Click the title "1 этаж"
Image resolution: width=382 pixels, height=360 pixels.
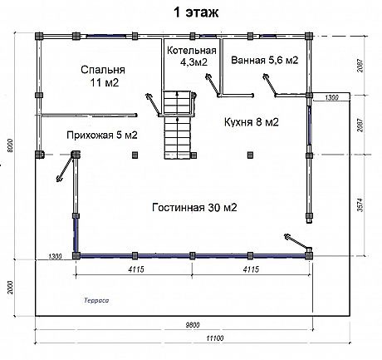pyautogui.click(x=196, y=12)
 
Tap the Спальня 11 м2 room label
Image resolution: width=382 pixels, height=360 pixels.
pyautogui.click(x=103, y=76)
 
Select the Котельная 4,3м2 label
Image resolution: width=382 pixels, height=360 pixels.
pyautogui.click(x=192, y=57)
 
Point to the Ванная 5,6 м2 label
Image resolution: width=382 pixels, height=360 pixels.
pyautogui.click(x=265, y=60)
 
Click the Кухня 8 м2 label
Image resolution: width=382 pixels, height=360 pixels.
pyautogui.click(x=252, y=122)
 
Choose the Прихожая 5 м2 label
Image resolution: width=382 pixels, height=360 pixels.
pyautogui.click(x=102, y=136)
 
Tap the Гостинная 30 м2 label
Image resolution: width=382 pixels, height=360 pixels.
pyautogui.click(x=194, y=207)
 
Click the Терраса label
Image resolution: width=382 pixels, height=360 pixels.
pyautogui.click(x=96, y=300)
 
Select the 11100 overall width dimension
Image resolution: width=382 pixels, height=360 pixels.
pyautogui.click(x=215, y=338)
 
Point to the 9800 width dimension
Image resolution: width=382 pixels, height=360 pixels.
pyautogui.click(x=193, y=325)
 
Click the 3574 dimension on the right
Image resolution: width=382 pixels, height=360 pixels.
pyautogui.click(x=360, y=205)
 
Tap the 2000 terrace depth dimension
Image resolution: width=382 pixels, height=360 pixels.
pyautogui.click(x=10, y=288)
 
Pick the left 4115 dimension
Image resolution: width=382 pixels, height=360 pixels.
pyautogui.click(x=136, y=269)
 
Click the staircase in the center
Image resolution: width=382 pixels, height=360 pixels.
pyautogui.click(x=178, y=125)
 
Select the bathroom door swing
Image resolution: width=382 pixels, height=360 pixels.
pyautogui.click(x=269, y=84)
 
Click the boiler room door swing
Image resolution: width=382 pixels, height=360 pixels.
pyautogui.click(x=212, y=85)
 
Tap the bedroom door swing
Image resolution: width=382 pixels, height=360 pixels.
pyautogui.click(x=153, y=104)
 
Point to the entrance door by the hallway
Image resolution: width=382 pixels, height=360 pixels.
pyautogui.click(x=66, y=167)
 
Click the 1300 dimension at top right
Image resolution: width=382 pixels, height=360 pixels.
pyautogui.click(x=331, y=97)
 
